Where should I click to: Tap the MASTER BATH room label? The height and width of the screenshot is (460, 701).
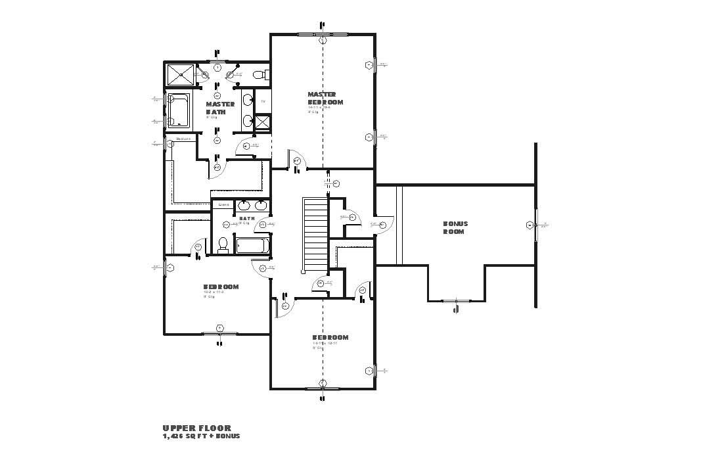tap(219, 108)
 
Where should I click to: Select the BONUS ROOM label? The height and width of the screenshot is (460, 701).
tap(455, 227)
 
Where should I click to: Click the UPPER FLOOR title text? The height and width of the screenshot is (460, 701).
tap(187, 428)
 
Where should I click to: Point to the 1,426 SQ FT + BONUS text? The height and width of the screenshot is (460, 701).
tap(201, 436)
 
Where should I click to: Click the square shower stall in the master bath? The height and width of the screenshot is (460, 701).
tap(180, 75)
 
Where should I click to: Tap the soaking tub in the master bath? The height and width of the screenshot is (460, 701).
tap(178, 110)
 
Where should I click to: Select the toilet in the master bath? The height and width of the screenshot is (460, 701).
tap(260, 74)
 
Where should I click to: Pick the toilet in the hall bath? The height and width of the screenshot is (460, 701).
tap(223, 244)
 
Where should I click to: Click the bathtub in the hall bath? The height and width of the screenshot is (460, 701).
tap(252, 246)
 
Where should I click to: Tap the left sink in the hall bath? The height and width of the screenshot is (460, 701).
tap(244, 204)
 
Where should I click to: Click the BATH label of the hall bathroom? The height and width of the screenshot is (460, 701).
tap(246, 218)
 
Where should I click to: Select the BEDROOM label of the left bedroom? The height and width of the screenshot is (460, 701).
tap(220, 287)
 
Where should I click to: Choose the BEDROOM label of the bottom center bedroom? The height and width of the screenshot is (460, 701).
tap(330, 337)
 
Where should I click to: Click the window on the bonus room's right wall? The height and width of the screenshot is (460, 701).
tap(536, 225)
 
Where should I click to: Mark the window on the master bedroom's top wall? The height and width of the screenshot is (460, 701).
tap(323, 34)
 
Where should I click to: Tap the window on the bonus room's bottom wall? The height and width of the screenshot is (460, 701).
tap(455, 301)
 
